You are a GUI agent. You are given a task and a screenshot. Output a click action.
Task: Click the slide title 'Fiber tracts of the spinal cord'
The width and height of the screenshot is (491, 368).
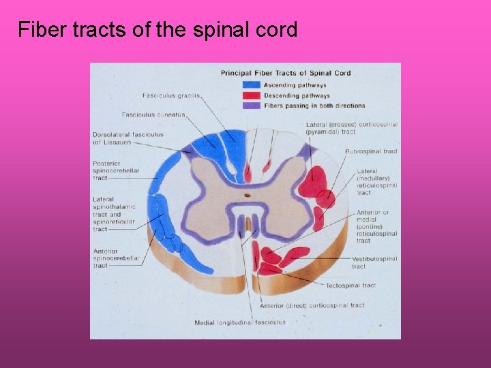[158, 30]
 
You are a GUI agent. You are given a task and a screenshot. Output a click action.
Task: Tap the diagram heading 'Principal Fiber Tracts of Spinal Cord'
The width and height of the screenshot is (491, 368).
[285, 73]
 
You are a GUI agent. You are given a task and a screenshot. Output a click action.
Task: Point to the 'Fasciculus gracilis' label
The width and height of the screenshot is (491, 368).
[171, 95]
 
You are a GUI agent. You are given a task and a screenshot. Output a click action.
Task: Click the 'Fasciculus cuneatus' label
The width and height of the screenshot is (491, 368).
[153, 114]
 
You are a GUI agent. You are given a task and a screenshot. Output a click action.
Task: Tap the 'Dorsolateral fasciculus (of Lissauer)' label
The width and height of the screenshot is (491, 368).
[128, 138]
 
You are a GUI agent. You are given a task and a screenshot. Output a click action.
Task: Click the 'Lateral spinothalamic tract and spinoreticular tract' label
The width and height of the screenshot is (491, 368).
[114, 214]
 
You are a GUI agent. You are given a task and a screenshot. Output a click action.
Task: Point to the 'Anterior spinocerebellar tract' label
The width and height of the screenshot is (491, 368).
[116, 258]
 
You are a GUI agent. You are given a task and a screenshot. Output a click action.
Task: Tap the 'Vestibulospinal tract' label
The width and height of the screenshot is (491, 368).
[375, 262]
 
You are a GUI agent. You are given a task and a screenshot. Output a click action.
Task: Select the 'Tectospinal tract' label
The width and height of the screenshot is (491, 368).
[351, 286]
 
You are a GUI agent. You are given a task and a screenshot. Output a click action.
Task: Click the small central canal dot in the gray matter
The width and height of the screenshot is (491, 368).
[248, 194]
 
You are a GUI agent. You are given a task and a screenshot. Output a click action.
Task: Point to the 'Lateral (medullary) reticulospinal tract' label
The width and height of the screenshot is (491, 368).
[376, 181]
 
